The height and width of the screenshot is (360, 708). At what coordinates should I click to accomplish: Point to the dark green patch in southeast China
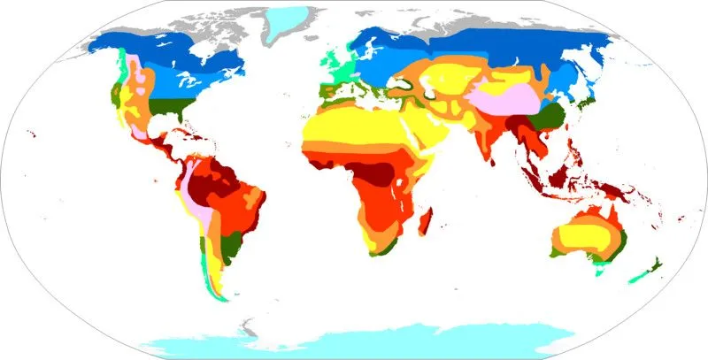[x=553, y=116]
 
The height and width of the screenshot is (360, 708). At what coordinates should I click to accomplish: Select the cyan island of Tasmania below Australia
[x=602, y=272]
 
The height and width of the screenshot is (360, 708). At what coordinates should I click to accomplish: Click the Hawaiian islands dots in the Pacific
[x=33, y=134]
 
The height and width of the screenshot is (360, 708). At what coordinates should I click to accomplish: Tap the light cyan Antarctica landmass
[x=354, y=341]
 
